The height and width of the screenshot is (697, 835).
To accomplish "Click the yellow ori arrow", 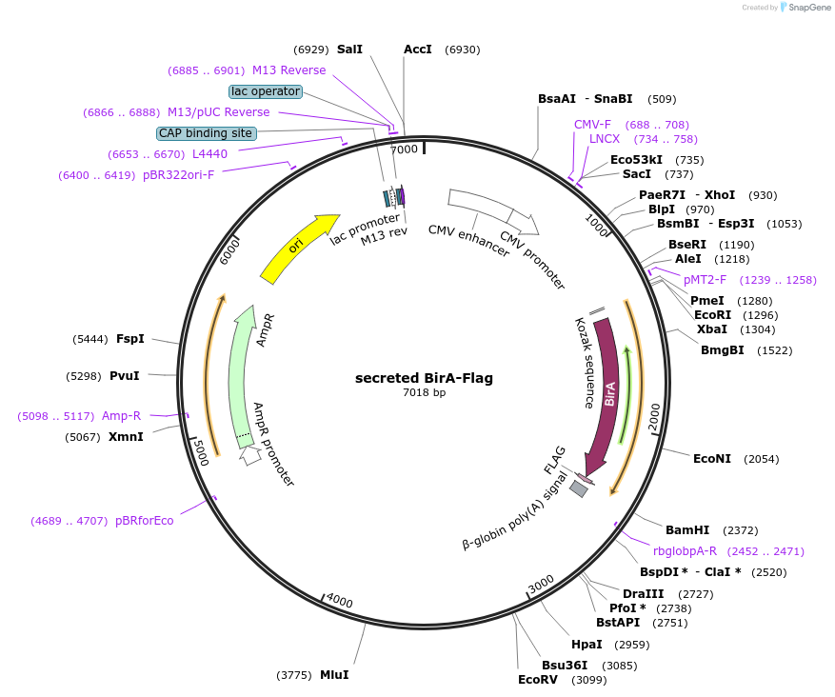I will coord(296,249).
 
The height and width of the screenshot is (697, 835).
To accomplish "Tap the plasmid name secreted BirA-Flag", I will coord(424,378).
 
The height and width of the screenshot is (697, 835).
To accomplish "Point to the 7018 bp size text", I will coord(424,392).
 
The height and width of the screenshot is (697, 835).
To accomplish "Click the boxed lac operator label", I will coord(266,91).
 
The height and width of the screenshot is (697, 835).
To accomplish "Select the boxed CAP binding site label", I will coord(206,133).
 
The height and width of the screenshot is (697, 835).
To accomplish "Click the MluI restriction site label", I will coord(334,675).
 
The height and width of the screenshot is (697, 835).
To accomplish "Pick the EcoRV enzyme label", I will coord(537,680).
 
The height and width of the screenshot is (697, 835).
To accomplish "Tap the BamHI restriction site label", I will coord(687,530).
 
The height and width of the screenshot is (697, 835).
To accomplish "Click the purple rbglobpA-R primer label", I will coord(685,551).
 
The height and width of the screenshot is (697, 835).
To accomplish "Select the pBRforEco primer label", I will coord(145,521).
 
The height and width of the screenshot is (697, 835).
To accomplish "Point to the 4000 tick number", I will coord(339,601).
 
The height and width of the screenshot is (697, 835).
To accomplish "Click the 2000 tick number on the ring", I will coord(654,416).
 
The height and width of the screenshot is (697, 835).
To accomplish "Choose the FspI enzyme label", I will coord(130,339).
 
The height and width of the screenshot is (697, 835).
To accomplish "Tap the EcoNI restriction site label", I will coord(712,459).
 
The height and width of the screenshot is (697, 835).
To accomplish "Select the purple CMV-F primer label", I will coord(592,125).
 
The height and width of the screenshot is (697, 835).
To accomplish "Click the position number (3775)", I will coord(294,675).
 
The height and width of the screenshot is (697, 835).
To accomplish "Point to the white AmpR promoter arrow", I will coord(250,455).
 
